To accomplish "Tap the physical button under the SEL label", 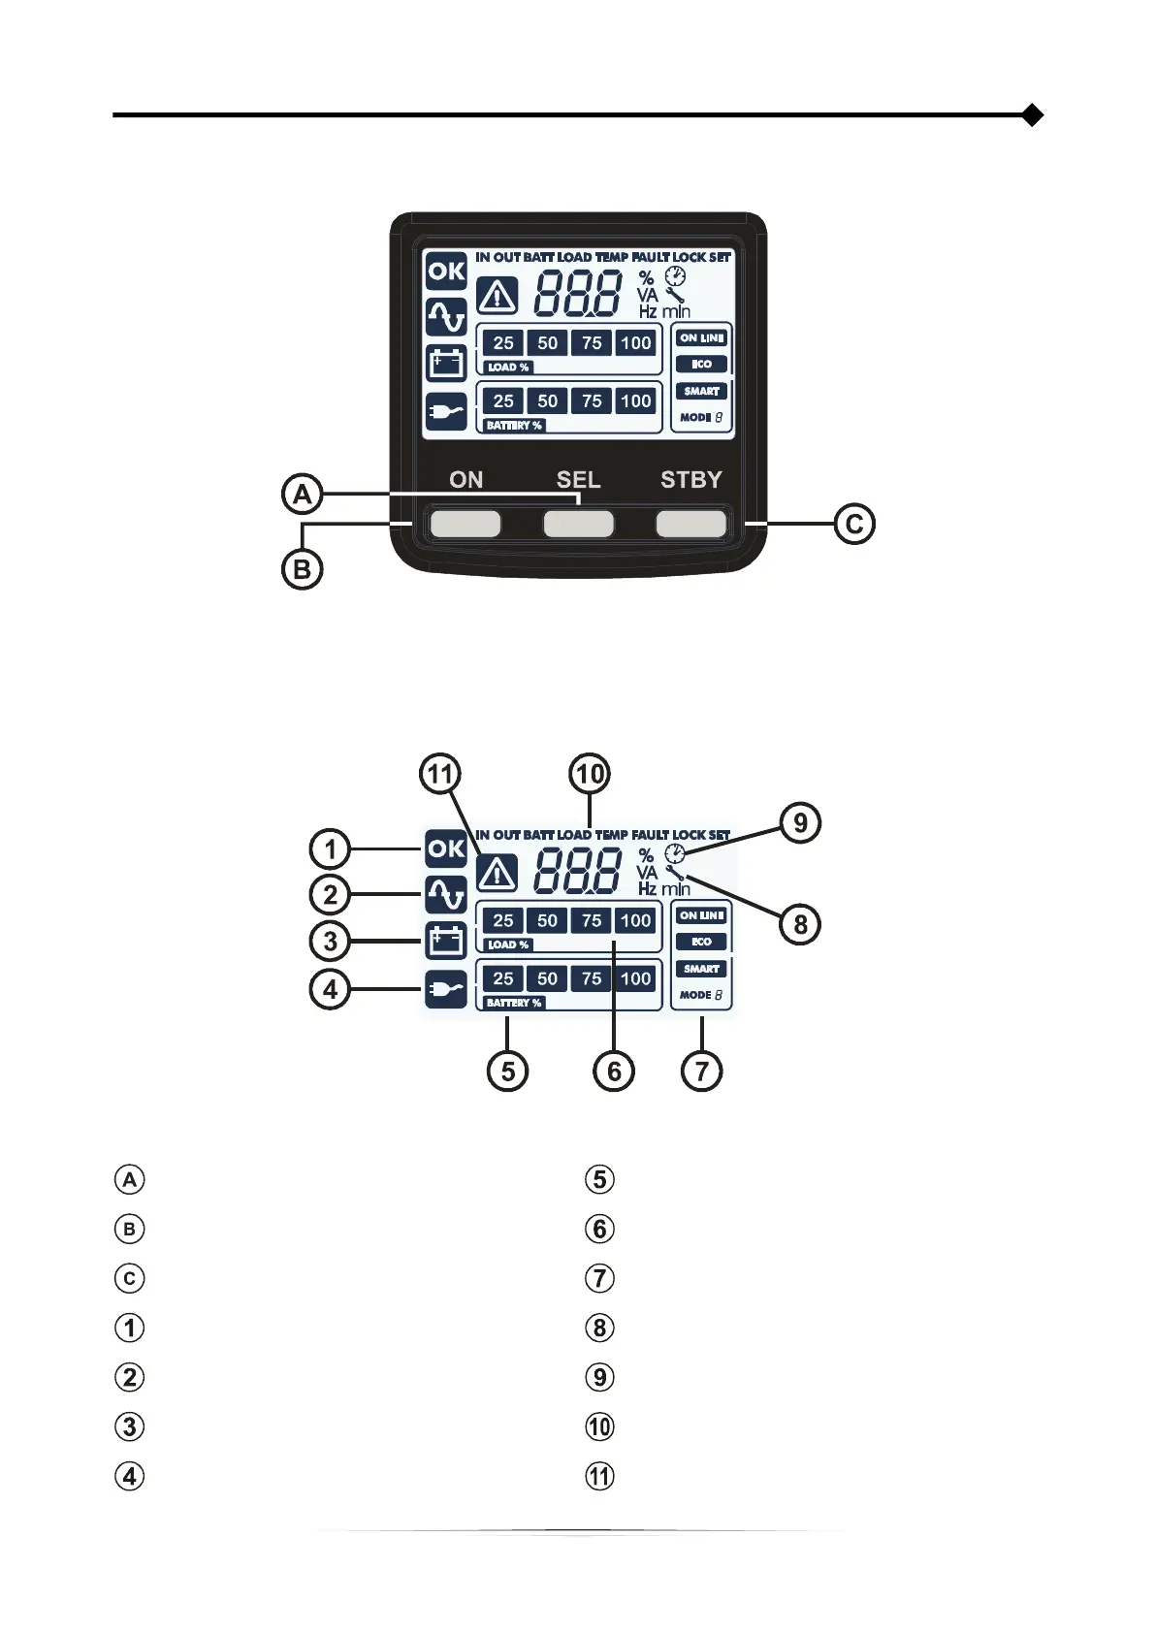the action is pyautogui.click(x=578, y=524).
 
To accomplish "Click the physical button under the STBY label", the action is pyautogui.click(x=690, y=524).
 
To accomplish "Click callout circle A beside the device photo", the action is pyautogui.click(x=303, y=495).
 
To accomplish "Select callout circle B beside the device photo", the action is pyautogui.click(x=302, y=569).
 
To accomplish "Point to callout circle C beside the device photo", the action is pyautogui.click(x=854, y=524).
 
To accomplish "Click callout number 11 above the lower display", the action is pyautogui.click(x=440, y=774).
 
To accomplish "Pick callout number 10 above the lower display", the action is pyautogui.click(x=590, y=774).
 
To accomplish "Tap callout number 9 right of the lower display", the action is pyautogui.click(x=800, y=823).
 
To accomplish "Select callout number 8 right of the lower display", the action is pyautogui.click(x=800, y=924).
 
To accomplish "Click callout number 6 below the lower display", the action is pyautogui.click(x=614, y=1072).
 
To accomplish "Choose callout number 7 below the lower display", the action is pyautogui.click(x=701, y=1072).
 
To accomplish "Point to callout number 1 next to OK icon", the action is pyautogui.click(x=330, y=849).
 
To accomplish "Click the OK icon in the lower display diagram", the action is pyautogui.click(x=446, y=849).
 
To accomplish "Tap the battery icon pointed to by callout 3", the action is pyautogui.click(x=446, y=941).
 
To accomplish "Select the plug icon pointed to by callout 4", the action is pyautogui.click(x=446, y=989).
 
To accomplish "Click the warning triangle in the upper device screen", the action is pyautogui.click(x=497, y=296).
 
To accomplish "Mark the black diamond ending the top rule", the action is pyautogui.click(x=1033, y=115).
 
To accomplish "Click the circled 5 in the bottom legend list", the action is pyautogui.click(x=600, y=1179).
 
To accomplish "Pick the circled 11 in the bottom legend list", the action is pyautogui.click(x=600, y=1477).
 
